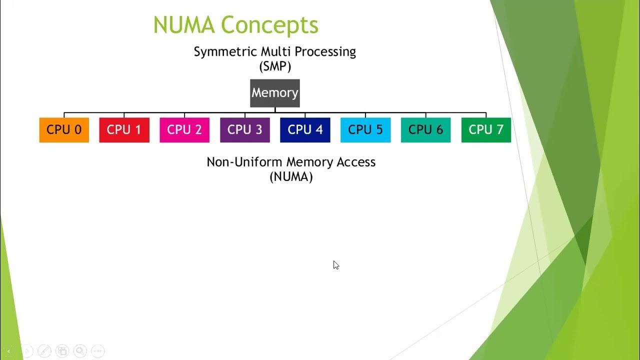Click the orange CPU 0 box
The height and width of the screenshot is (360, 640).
point(64,130)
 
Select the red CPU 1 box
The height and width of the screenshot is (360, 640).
point(124,130)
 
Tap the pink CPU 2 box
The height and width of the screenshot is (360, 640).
point(184,130)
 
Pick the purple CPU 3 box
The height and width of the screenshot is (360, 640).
point(245,130)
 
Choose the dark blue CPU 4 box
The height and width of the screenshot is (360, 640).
point(305,130)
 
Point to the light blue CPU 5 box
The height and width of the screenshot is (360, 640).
point(365,130)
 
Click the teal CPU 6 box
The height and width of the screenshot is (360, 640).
point(425,130)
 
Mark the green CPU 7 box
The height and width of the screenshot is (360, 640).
point(486,130)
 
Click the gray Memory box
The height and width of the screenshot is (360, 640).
point(275,93)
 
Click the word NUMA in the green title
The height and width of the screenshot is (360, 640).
point(183,25)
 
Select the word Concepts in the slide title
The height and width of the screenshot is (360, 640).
point(269,25)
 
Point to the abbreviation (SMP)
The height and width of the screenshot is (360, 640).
point(275,65)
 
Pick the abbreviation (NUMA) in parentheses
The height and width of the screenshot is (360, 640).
point(291,176)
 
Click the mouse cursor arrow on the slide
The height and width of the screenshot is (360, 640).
point(335,264)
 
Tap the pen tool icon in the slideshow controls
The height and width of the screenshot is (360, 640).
point(44,351)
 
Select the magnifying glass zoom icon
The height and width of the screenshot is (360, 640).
point(79,351)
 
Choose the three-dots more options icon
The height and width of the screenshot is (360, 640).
point(97,351)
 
